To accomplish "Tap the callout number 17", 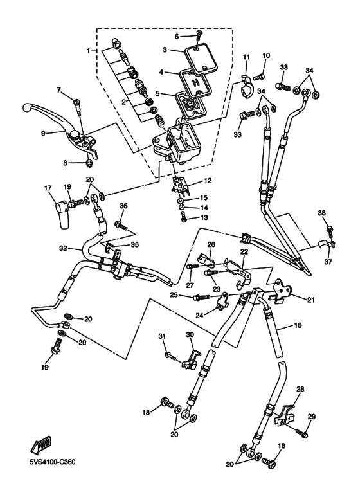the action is coord(48,188).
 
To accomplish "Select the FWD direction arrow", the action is coord(41,446).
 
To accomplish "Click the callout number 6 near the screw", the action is coord(177,37).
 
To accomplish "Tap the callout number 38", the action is coord(322,213).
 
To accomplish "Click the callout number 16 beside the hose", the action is coord(298,325).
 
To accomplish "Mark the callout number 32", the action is coord(64,248).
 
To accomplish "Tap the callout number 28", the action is coord(300,389).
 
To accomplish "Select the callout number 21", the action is coord(311,299).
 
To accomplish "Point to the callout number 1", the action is coord(89,50).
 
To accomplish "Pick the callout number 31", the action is coord(162,336).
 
